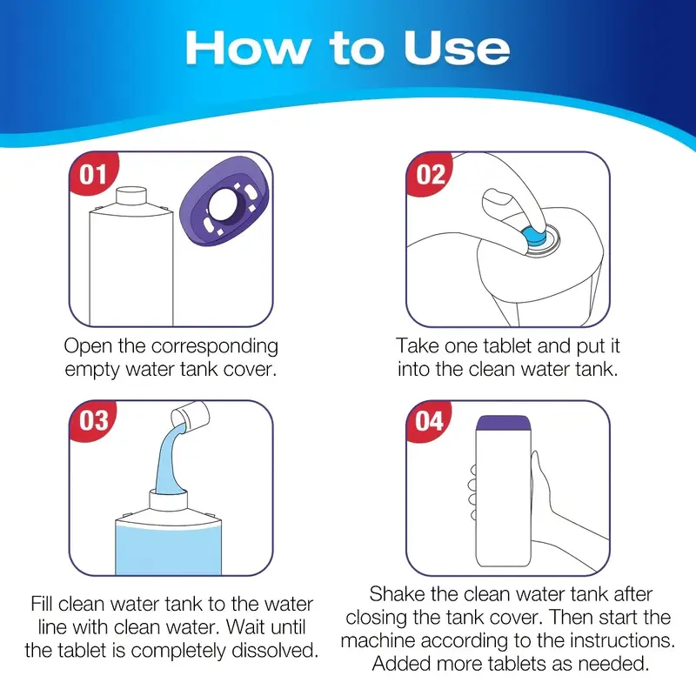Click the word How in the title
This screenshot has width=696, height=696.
click(248, 48)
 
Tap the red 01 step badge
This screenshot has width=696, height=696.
click(93, 172)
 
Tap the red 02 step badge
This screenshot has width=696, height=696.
click(429, 172)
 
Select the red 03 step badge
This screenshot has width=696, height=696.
click(93, 420)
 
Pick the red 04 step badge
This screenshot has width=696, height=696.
click(428, 420)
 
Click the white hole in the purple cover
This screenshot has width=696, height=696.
click(224, 205)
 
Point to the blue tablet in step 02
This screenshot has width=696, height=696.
click(534, 237)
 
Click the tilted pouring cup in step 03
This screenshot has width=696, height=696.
click(191, 417)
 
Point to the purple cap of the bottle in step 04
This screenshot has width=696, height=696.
click(504, 423)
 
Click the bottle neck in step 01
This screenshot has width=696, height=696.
click(131, 196)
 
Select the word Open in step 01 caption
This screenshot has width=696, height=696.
click(89, 347)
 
